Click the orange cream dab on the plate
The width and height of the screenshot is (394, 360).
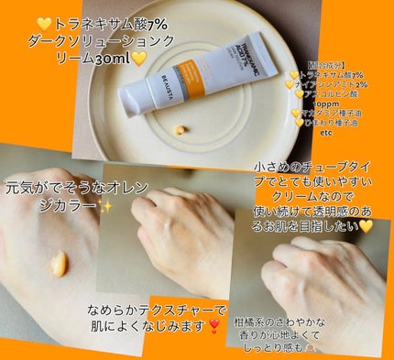tap(179, 130)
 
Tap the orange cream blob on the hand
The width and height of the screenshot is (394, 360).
tap(57, 264)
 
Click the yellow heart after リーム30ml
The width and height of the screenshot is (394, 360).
tap(139, 59)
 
